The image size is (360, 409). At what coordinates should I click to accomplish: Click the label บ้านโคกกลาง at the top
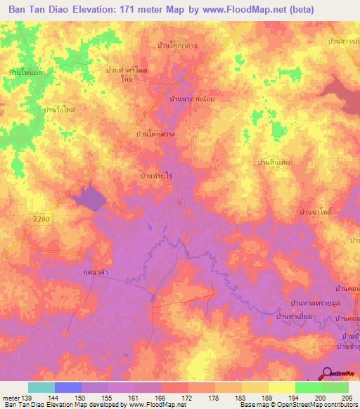[176, 44]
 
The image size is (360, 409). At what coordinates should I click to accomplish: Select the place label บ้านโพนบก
[25, 72]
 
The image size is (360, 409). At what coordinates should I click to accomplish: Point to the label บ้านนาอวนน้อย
[192, 100]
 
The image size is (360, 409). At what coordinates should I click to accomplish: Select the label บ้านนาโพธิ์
[316, 211]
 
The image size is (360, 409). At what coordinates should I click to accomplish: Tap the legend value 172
[188, 398]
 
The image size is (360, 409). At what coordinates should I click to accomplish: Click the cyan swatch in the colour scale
[41, 388]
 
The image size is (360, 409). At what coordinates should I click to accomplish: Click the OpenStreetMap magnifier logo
[326, 373]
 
